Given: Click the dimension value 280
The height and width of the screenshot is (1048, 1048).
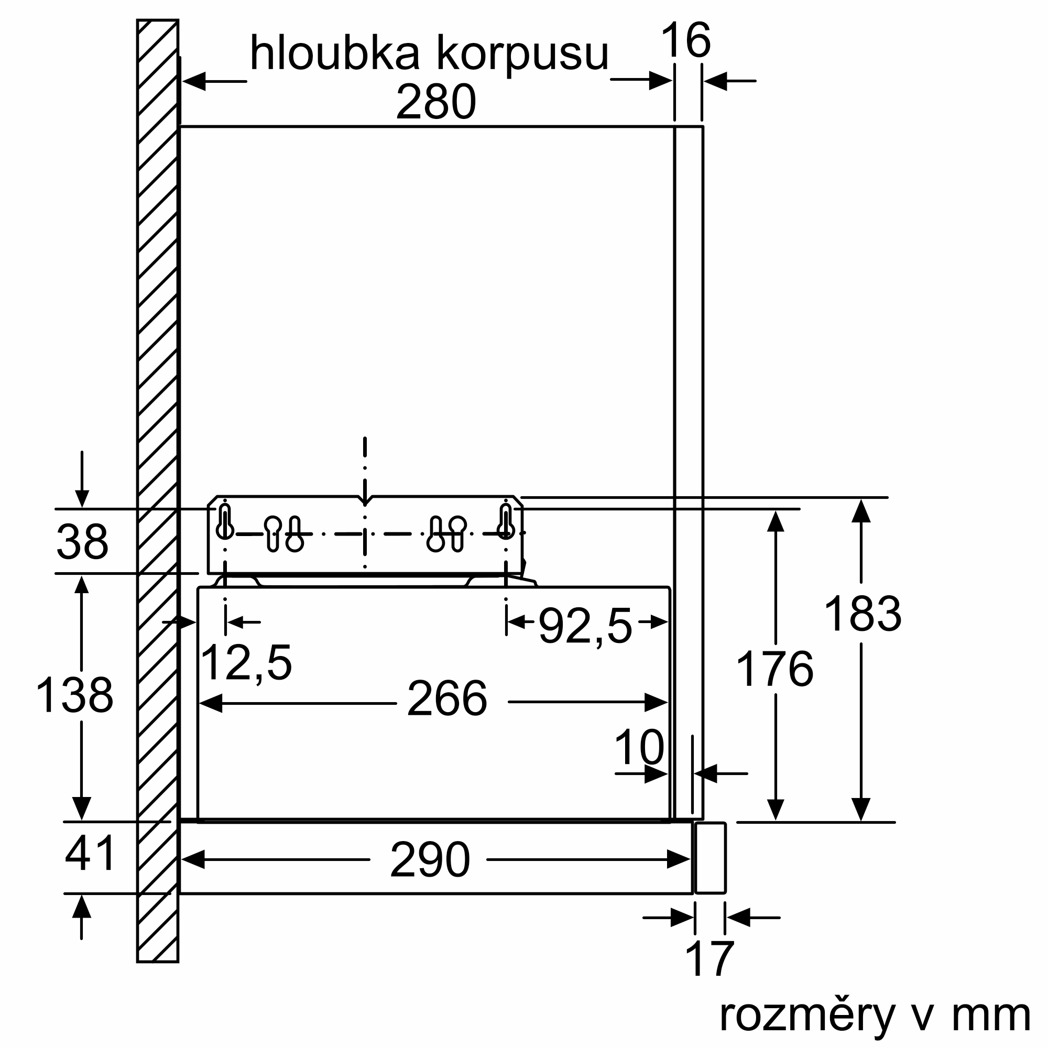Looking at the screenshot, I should click(435, 102).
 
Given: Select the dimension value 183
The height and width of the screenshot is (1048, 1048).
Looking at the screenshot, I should click(862, 614).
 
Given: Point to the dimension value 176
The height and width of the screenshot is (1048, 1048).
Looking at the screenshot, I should click(774, 669).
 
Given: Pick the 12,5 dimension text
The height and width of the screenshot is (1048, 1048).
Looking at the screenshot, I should click(246, 662).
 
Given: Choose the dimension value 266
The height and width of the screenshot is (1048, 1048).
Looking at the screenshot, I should click(446, 698).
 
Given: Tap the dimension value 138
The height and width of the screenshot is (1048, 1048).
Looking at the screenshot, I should click(74, 695).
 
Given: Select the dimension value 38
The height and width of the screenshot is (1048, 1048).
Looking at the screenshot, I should click(82, 542).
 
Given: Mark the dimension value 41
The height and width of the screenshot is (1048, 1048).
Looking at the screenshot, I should click(90, 853).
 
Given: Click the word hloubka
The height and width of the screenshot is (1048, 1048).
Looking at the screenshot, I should click(335, 53).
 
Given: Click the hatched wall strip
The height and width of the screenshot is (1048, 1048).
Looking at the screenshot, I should click(158, 488).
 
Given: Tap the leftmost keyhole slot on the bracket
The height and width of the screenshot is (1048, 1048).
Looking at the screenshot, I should click(225, 522).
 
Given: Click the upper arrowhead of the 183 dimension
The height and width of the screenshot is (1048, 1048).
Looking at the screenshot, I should click(861, 511).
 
